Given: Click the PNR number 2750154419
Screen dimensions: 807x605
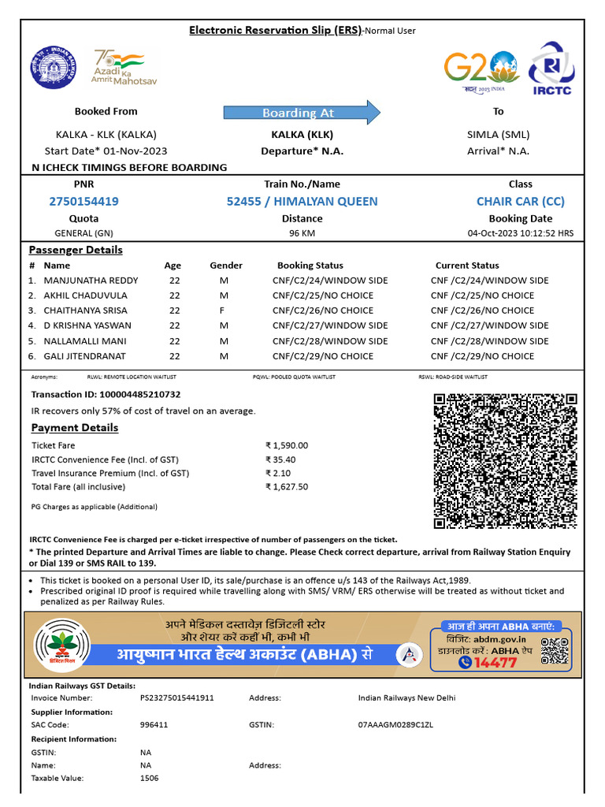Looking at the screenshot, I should click(84, 202).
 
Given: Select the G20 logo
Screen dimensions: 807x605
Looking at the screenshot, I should click(481, 69).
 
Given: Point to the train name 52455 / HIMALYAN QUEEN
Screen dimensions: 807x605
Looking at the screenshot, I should click(302, 202).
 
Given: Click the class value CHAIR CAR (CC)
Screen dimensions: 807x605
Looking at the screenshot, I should click(520, 202).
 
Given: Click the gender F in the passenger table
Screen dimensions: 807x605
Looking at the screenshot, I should click(222, 311).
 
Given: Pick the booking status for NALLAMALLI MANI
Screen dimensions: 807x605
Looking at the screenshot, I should click(330, 341).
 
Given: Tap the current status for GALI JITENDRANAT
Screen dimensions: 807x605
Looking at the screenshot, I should click(482, 356).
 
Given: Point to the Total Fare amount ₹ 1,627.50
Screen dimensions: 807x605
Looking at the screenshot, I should click(287, 487).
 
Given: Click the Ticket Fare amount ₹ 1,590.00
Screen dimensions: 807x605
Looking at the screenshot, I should click(287, 445).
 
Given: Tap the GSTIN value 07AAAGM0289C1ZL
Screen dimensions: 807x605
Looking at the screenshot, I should click(395, 725).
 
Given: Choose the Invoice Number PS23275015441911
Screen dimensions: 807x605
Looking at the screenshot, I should click(177, 698).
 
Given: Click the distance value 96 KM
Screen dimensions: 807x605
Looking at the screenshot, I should click(302, 233).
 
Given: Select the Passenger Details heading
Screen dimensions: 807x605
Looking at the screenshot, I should click(76, 250).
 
